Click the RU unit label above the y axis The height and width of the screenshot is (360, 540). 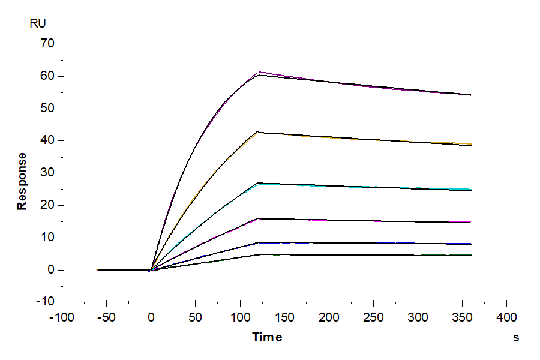37,24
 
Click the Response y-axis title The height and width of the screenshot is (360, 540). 22,181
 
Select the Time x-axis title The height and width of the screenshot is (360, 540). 267,337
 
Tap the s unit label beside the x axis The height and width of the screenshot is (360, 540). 515,338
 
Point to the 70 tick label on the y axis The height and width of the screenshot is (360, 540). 48,44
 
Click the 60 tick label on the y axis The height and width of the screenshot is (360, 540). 48,76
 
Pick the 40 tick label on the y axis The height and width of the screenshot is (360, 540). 48,141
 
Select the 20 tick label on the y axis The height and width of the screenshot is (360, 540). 48,205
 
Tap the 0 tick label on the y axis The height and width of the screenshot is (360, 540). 51,270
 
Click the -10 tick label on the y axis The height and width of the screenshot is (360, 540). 46,302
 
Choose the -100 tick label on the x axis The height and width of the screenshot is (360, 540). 62,316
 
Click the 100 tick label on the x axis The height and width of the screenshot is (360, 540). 240,316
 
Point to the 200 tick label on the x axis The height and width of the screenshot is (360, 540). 329,316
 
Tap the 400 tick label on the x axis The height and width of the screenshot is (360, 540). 507,316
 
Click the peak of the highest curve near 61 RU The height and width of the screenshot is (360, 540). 259,73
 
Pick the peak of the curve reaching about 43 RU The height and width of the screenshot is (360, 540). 258,131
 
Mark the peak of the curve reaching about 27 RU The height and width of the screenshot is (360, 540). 258,183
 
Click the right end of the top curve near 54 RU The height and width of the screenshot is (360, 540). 471,95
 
